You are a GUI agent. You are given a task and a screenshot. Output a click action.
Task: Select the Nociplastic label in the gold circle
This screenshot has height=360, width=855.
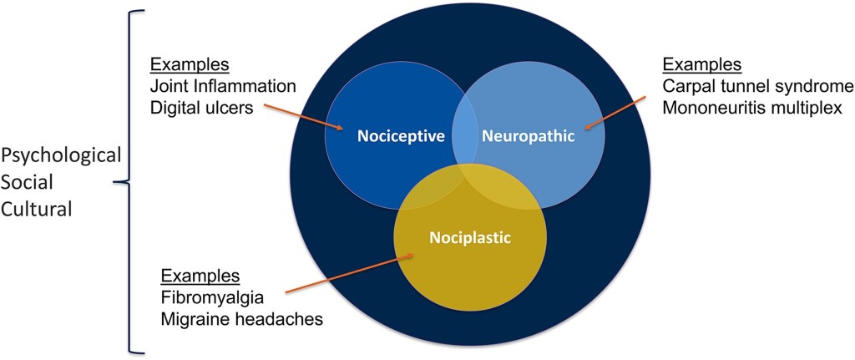point(468,237)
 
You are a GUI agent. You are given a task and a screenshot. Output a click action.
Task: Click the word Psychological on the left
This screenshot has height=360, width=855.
point(62,155)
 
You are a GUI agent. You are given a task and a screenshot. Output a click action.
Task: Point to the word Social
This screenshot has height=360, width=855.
point(28,183)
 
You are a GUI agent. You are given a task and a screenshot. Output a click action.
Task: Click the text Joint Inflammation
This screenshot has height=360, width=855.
point(223,85)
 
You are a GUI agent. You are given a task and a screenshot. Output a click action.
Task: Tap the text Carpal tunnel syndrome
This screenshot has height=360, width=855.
point(758,86)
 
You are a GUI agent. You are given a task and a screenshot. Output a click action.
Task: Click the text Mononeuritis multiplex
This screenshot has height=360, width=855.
point(756,107)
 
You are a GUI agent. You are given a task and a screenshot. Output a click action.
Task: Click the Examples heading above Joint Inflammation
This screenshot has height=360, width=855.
point(190,64)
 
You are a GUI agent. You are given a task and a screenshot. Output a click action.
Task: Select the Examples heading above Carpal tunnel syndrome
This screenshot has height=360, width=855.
point(702,64)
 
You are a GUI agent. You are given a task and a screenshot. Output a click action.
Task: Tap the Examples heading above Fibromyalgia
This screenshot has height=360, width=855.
point(200,276)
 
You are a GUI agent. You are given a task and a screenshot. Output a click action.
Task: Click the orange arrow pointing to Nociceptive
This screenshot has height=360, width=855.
point(305,117)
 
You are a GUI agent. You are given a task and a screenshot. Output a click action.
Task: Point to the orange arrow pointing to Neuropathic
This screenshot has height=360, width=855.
point(615,113)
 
